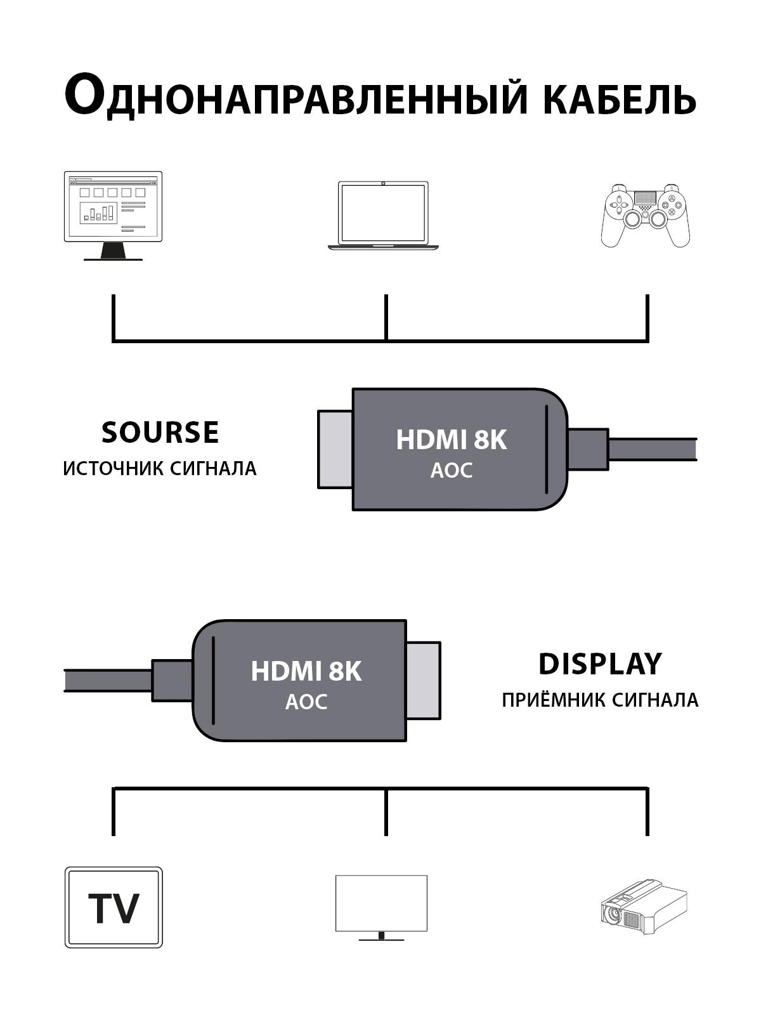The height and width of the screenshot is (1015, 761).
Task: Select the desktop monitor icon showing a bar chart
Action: click(113, 214)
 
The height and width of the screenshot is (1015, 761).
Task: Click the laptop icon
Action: click(383, 216)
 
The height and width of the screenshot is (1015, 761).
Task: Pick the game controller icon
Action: click(646, 216)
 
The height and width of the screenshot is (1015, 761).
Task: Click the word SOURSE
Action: click(160, 433)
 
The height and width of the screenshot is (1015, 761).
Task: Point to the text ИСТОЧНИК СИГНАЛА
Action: click(160, 469)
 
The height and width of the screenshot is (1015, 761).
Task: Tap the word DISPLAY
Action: click(600, 664)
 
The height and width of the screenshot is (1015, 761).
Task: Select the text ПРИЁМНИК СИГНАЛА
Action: click(600, 700)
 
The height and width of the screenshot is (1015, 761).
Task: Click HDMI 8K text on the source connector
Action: click(451, 440)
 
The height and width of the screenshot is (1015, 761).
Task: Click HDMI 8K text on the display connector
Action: click(306, 671)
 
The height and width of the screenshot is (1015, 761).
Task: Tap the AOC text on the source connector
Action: click(451, 471)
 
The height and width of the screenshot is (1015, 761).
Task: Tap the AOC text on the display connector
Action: click(306, 702)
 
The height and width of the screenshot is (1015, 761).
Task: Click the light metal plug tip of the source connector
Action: click(335, 449)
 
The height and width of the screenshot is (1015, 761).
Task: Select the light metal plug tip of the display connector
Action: click(424, 680)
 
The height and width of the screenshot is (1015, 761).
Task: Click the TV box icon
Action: click(114, 907)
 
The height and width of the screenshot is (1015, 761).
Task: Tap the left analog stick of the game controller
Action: click(632, 219)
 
